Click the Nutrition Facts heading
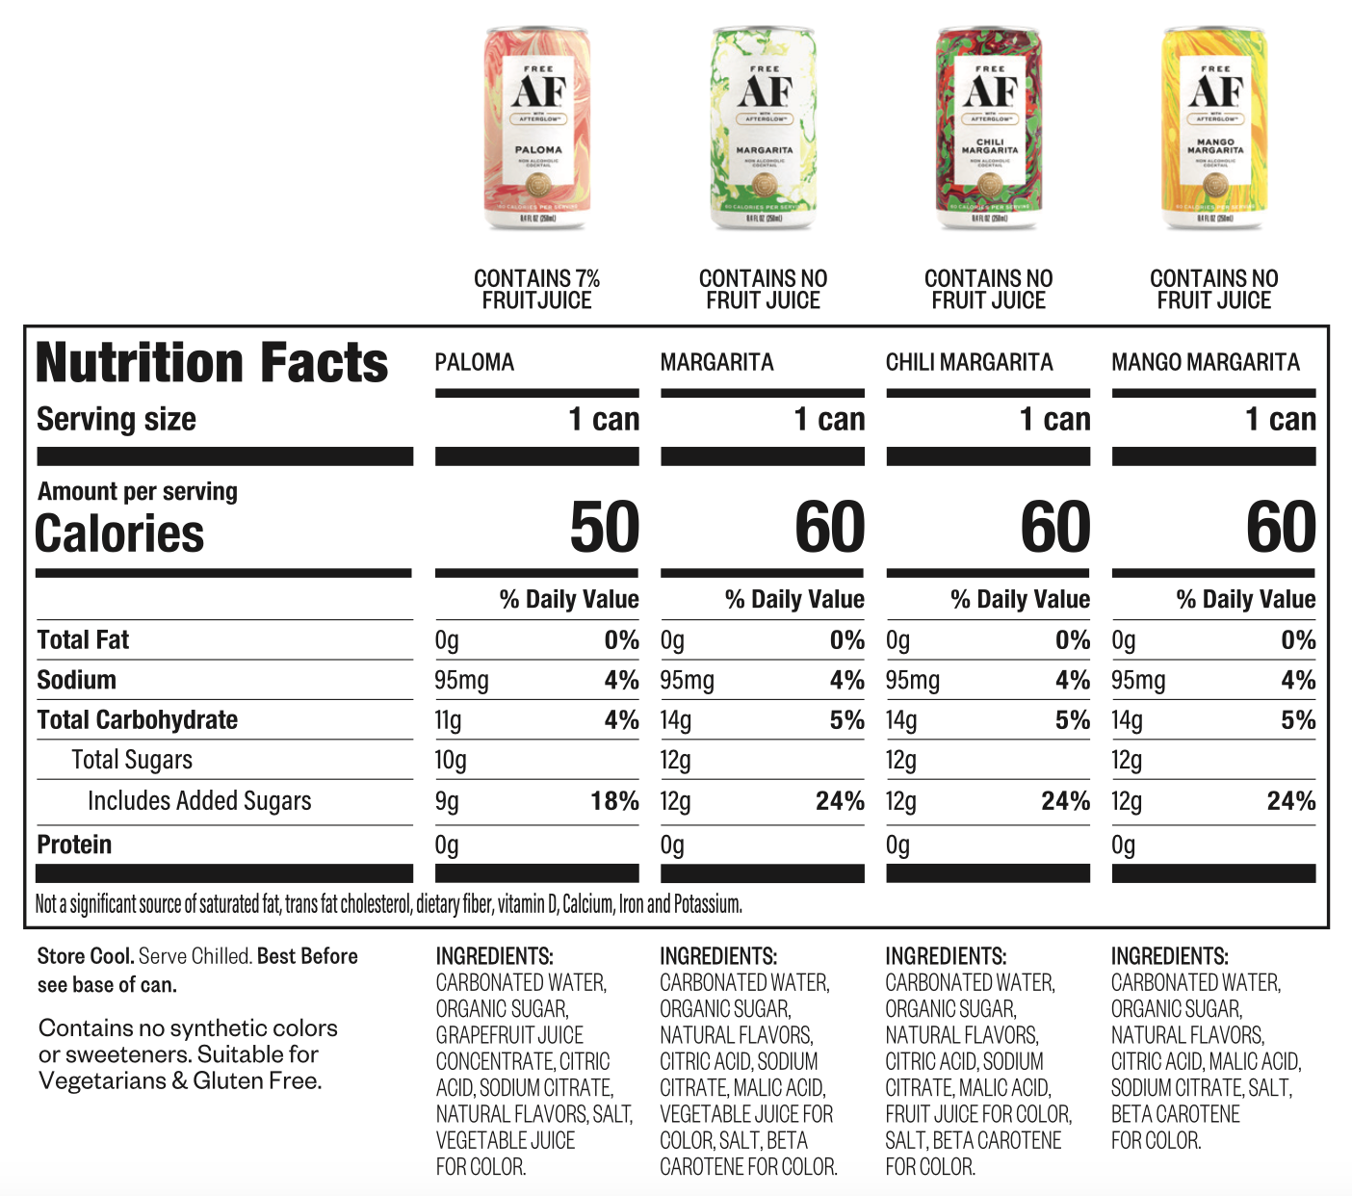pyautogui.click(x=212, y=363)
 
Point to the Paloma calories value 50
pyautogui.click(x=604, y=528)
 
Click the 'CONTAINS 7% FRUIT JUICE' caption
pyautogui.click(x=536, y=289)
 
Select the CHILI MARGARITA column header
pyautogui.click(x=969, y=363)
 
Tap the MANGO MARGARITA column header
pyautogui.click(x=1205, y=363)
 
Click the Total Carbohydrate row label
pyautogui.click(x=137, y=720)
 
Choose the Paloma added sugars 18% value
pyautogui.click(x=614, y=801)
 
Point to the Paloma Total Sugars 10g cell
pyautogui.click(x=451, y=761)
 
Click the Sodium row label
pyautogui.click(x=76, y=680)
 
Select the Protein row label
pyautogui.click(x=74, y=845)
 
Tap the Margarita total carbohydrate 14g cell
pyautogui.click(x=676, y=720)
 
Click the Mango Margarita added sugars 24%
pyautogui.click(x=1290, y=801)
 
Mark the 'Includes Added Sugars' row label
pyautogui.click(x=199, y=801)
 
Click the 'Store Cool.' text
pyautogui.click(x=85, y=956)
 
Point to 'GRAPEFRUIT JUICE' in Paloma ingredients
pyautogui.click(x=509, y=1035)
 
